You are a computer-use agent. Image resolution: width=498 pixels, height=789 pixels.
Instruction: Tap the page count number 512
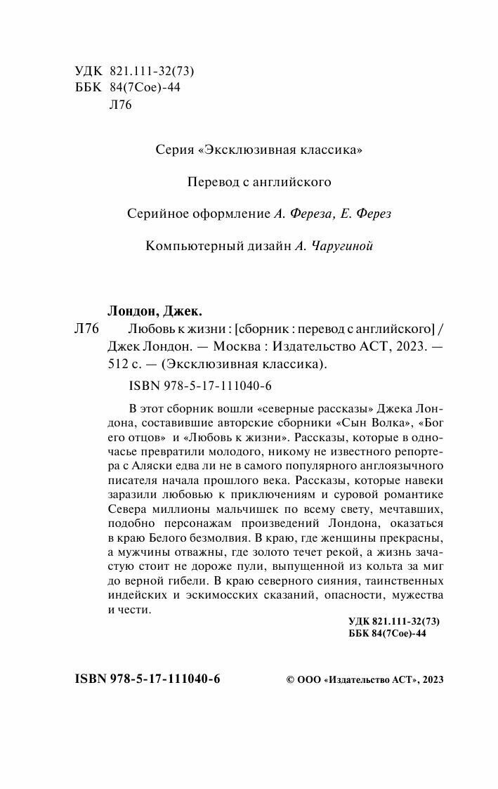click(119, 364)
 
